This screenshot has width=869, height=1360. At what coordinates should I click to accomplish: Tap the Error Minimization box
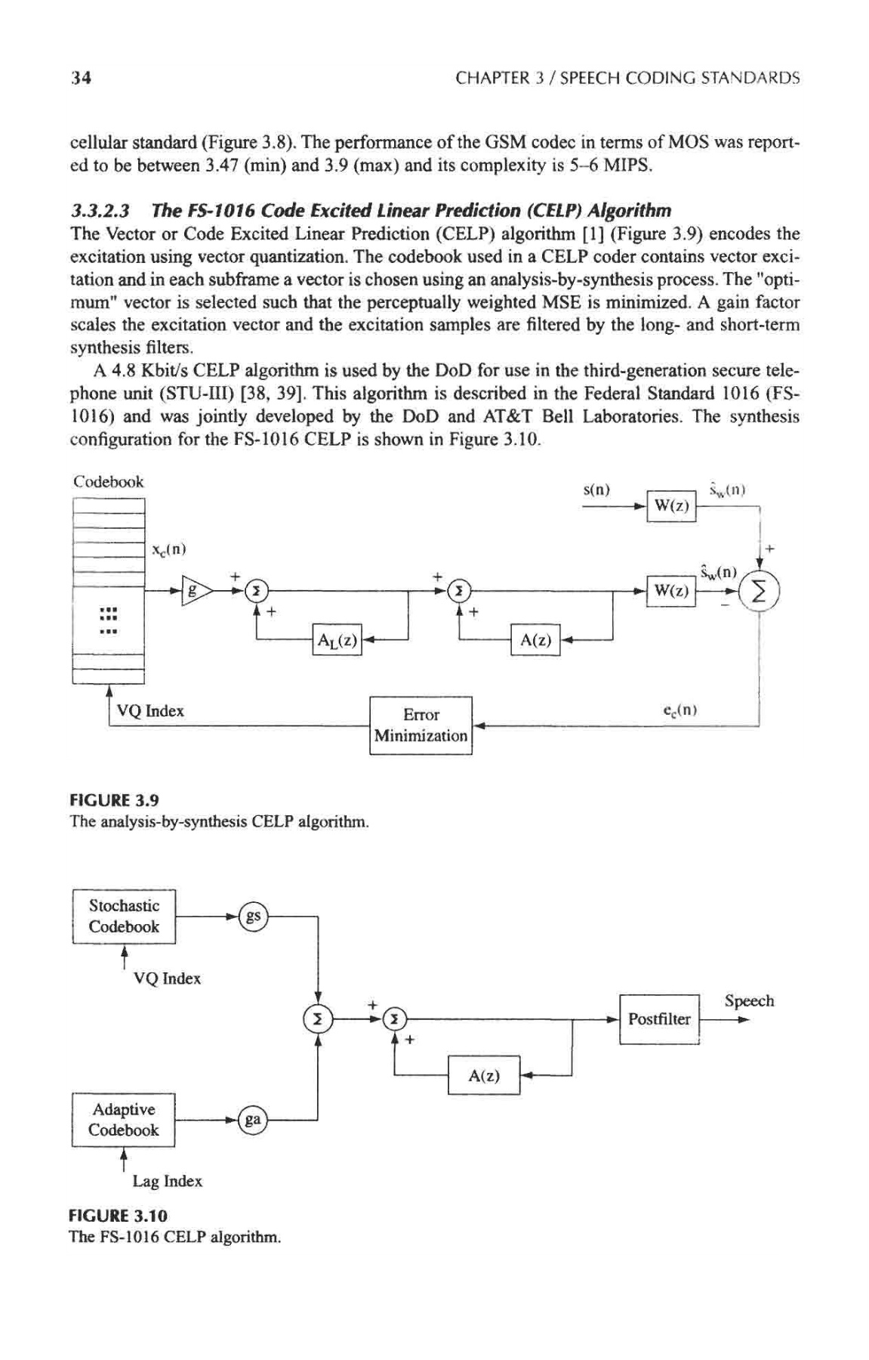pyautogui.click(x=421, y=725)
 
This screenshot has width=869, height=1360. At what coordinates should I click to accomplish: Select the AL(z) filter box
pyautogui.click(x=337, y=641)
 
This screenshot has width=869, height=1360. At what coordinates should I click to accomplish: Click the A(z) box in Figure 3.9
pyautogui.click(x=535, y=641)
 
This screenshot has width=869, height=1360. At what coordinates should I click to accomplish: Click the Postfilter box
pyautogui.click(x=660, y=1019)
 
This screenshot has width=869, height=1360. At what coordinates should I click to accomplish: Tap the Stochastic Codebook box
pyautogui.click(x=124, y=916)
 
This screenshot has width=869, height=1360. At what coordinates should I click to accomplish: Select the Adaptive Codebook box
pyautogui.click(x=124, y=1120)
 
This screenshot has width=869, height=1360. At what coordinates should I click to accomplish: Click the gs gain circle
pyautogui.click(x=254, y=916)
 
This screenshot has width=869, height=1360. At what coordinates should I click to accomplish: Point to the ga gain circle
pyautogui.click(x=253, y=1120)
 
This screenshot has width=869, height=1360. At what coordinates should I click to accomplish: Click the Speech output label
pyautogui.click(x=749, y=1001)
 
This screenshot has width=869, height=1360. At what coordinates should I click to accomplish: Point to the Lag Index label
pyautogui.click(x=168, y=1181)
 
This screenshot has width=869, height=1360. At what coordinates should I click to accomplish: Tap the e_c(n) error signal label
pyautogui.click(x=679, y=710)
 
